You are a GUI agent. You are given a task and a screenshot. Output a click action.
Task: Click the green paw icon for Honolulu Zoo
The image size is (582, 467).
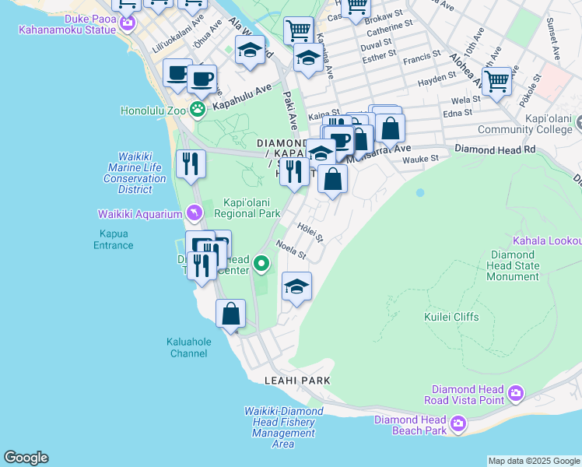(x=198, y=110)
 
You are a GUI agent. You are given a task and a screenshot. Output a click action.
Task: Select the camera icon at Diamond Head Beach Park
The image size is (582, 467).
(x=458, y=424)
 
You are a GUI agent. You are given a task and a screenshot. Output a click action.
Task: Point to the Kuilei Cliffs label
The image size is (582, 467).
(x=451, y=317)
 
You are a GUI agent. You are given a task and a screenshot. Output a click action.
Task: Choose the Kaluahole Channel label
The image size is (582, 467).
(x=187, y=347)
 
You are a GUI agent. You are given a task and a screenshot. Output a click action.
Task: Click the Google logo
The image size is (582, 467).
(x=26, y=458)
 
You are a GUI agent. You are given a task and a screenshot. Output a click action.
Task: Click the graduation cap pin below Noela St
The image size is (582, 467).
(x=296, y=287)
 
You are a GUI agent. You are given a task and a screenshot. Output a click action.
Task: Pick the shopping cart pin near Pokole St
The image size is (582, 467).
(x=496, y=80)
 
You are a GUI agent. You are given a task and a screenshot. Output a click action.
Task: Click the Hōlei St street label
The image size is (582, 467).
(x=309, y=231)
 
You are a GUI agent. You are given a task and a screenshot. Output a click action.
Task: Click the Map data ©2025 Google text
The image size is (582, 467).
(x=533, y=461)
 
